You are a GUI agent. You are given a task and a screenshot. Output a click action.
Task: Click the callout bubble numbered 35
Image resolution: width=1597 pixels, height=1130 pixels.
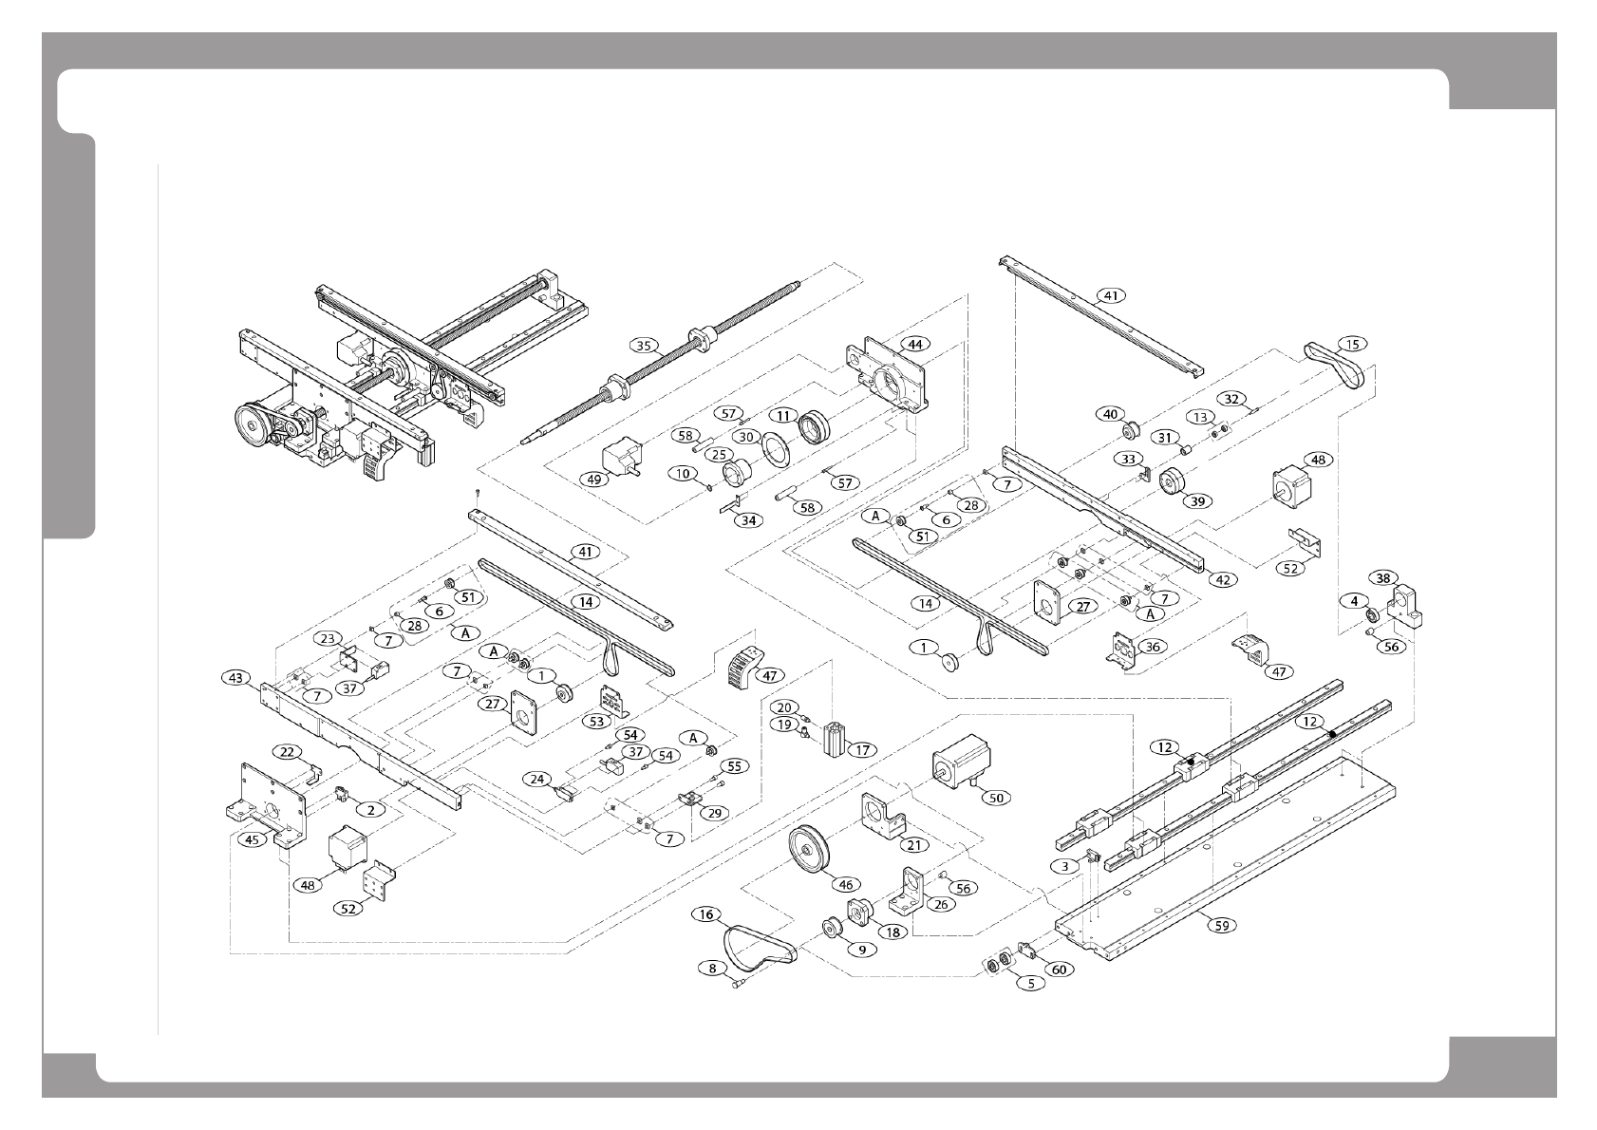646,346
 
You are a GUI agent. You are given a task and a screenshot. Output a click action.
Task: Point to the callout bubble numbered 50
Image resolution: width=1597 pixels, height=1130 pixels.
996,798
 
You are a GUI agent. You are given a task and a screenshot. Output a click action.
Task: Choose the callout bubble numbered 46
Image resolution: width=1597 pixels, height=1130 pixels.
845,883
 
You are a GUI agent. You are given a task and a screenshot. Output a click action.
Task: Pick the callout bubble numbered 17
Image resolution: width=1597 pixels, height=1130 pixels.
862,749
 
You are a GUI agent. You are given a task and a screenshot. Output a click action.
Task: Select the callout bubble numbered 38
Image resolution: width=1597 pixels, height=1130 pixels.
1383,577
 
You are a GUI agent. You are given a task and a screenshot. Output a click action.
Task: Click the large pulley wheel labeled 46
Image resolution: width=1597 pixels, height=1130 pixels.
809,851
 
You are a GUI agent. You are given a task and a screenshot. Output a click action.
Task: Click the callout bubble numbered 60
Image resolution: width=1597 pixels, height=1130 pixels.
1058,970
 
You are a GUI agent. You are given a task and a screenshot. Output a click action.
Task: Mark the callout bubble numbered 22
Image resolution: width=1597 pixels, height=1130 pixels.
287,751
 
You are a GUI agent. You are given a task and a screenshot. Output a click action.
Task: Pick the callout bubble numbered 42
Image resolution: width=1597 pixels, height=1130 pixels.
1223,580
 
